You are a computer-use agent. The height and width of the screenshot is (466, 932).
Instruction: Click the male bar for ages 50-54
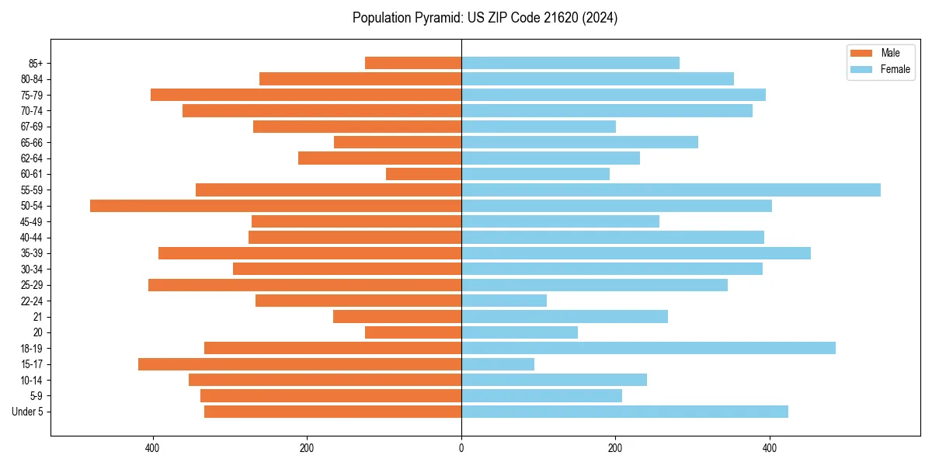276,206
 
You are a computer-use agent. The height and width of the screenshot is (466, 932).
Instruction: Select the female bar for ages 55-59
671,190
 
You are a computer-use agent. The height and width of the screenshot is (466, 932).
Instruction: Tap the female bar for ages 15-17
498,364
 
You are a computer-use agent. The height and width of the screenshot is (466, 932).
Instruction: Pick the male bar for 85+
413,63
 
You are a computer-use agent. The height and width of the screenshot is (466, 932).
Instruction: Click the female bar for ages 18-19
649,348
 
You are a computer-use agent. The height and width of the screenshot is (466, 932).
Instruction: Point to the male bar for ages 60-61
423,174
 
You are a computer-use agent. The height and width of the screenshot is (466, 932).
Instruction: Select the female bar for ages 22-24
504,301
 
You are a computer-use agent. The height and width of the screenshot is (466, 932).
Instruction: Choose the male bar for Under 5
332,412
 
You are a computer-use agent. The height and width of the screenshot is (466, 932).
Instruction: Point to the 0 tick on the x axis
461,448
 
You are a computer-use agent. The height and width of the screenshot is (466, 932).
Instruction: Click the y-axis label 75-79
31,96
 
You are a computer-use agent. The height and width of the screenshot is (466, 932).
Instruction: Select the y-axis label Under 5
28,412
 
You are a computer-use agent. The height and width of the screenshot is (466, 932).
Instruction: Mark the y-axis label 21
38,317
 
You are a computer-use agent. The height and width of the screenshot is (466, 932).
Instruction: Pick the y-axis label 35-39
31,253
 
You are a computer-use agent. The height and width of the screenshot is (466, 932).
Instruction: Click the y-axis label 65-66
31,143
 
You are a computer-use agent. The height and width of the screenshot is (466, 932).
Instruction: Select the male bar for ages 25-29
304,285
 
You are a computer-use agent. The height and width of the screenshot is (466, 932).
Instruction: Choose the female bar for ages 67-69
538,127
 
